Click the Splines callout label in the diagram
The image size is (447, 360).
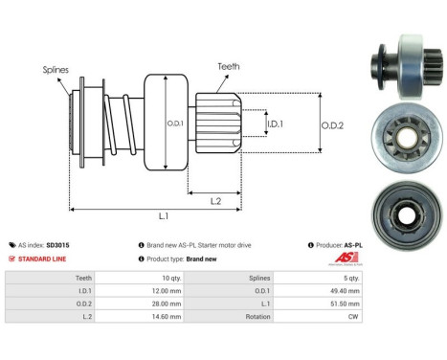55,69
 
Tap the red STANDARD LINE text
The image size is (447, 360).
45,259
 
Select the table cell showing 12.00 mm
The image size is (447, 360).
165,287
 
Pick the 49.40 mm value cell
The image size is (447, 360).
385,287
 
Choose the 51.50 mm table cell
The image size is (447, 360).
385,301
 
